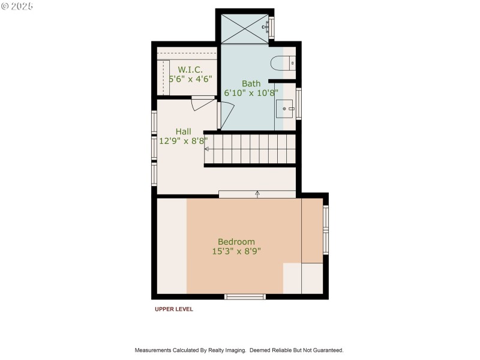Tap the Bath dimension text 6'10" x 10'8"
tap(251, 93)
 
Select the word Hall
tap(184, 131)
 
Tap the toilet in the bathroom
tap(283, 62)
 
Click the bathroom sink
tap(286, 109)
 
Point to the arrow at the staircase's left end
tap(208, 149)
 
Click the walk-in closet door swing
tap(203, 104)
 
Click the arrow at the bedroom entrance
tap(257, 194)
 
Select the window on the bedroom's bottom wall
tap(245, 296)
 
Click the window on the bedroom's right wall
tap(326, 229)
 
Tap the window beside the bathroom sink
tap(299, 103)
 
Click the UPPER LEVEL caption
tap(174, 310)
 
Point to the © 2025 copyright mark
tap(17, 6)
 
